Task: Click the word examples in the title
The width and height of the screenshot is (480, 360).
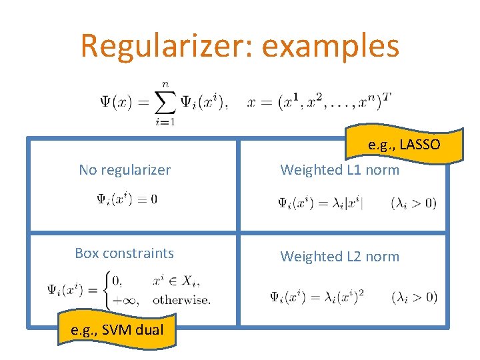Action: coord(331,45)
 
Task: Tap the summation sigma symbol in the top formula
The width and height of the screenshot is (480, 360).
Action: coord(163,102)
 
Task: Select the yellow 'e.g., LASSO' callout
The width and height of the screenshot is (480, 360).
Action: coord(404,145)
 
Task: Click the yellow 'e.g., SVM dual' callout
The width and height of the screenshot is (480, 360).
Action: coord(117,328)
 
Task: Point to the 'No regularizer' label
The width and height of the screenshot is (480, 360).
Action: coord(125,170)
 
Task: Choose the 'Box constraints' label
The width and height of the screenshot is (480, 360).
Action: coord(125,253)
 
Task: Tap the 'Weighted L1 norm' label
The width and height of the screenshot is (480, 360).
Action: coord(339,170)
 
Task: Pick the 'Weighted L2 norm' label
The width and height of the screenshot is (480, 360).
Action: coord(339,256)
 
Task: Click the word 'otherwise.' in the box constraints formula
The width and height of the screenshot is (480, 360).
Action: coord(181,299)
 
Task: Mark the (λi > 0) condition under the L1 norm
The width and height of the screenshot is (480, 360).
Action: coord(413,203)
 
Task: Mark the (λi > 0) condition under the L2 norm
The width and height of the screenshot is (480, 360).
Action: coord(414,297)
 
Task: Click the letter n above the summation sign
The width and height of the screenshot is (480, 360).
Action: coord(164,85)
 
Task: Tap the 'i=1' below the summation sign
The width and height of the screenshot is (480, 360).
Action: coord(163,121)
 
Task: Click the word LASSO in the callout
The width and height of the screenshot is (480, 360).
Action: coord(421,145)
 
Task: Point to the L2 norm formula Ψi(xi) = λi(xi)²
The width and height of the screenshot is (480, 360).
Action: coord(317,297)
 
